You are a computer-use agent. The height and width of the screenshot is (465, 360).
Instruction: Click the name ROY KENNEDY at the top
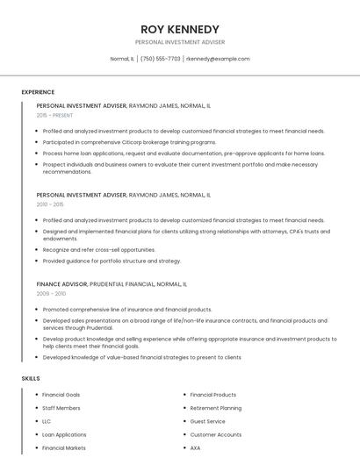coord(180,29)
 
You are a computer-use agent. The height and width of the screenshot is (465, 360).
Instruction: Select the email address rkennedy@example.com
coord(218,59)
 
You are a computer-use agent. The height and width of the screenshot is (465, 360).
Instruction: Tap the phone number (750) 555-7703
coord(160,59)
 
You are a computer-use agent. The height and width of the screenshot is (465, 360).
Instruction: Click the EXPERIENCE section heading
coord(38,92)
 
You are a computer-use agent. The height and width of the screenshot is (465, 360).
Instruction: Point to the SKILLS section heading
coord(31,378)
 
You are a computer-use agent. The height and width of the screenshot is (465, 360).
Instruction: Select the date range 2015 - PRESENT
coord(54,115)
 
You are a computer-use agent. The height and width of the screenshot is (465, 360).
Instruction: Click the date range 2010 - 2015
coord(50,204)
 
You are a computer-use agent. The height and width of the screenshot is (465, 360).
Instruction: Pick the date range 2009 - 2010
coord(50,294)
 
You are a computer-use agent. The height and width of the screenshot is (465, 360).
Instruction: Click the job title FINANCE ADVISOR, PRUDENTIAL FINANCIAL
coord(112,284)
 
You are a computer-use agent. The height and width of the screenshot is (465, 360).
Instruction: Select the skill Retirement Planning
coord(216,408)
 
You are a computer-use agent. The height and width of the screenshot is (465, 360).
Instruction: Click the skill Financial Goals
coord(61,395)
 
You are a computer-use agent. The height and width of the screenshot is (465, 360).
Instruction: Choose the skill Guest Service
coord(207,421)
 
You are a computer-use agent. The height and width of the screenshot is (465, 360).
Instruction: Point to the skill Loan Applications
coord(64,434)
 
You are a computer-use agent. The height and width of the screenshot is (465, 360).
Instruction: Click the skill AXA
coord(195,447)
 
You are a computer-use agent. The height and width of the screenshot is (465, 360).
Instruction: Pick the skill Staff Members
coord(61,408)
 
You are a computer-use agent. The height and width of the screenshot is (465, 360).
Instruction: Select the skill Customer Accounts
coord(216,434)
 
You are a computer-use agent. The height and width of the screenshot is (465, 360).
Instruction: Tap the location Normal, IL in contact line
coord(122,59)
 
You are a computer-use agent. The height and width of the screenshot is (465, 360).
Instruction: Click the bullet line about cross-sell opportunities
coord(99,249)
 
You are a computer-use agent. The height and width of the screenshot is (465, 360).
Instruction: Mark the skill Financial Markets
coord(64,447)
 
